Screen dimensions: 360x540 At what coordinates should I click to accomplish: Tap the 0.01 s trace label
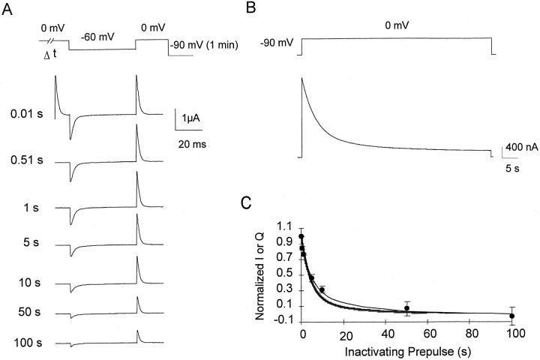26,115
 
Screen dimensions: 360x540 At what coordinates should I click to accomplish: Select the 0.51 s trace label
26,160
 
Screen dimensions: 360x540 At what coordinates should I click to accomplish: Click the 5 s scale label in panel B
510,168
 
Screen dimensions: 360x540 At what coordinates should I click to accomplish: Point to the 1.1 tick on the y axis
284,225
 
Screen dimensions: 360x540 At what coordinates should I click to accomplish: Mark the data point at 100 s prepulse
512,316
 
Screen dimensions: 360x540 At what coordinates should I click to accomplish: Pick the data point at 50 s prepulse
406,308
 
